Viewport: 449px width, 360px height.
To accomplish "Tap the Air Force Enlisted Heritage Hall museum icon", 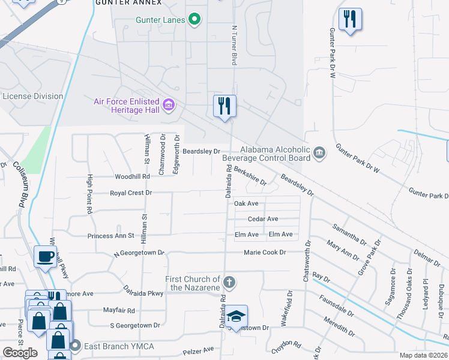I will point(169,106).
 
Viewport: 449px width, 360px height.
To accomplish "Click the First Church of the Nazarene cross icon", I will point(228,282).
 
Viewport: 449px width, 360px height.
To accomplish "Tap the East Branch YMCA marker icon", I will point(75,346).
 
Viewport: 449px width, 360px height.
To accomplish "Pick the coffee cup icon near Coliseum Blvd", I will point(46,257).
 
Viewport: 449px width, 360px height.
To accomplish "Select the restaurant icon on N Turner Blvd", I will point(225,106).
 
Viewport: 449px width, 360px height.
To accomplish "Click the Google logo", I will point(20,353).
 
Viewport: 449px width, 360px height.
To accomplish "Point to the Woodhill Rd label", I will point(133,177).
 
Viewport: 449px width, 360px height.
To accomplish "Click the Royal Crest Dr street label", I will point(131,193).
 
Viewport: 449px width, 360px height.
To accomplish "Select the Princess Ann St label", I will point(110,236).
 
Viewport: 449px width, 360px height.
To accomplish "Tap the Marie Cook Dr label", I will point(265,253).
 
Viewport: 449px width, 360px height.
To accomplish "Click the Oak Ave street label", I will point(246,204).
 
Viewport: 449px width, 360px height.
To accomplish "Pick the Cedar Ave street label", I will point(263,219).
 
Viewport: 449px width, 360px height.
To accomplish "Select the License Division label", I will point(33,97).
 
